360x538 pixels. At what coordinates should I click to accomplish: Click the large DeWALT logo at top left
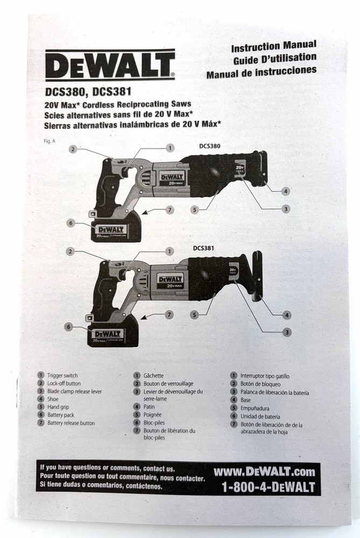(110, 65)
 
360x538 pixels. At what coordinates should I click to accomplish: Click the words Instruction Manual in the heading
(273, 46)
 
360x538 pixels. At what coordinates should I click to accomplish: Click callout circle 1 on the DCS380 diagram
(170, 147)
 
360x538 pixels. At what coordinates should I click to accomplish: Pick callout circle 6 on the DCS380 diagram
(69, 223)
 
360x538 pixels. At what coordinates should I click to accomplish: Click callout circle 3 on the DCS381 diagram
(287, 332)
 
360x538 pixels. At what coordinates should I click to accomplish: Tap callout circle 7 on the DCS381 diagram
(169, 315)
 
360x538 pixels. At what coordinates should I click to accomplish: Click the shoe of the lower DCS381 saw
(258, 274)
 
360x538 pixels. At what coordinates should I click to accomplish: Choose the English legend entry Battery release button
(71, 423)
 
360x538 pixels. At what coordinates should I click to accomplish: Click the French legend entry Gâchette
(153, 376)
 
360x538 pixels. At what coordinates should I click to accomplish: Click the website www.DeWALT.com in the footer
(264, 472)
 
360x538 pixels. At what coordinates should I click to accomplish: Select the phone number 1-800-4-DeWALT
(267, 487)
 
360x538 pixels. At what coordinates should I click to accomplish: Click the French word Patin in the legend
(150, 407)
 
